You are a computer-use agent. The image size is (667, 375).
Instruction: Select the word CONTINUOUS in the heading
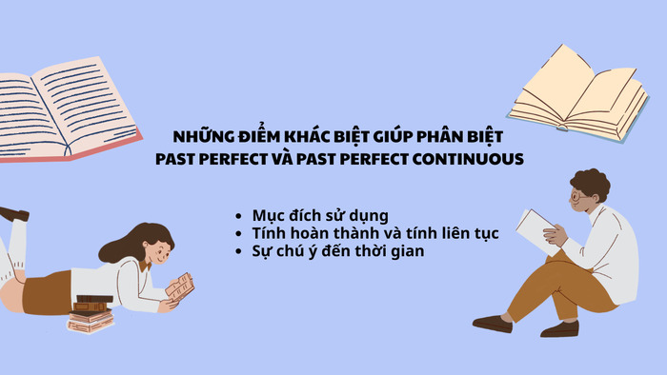click(469, 159)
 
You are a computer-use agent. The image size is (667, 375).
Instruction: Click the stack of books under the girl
click(91, 313)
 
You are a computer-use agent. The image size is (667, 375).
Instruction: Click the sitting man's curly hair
click(592, 185)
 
